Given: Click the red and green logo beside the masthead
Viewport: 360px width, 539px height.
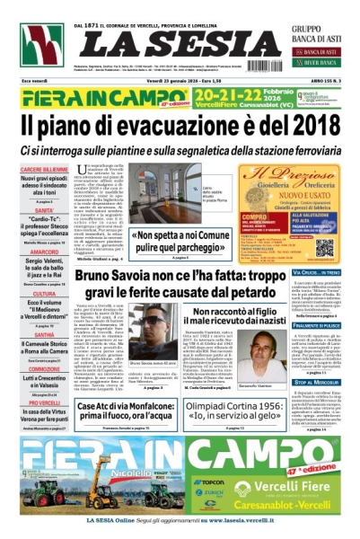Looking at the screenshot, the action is click(x=42, y=44).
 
